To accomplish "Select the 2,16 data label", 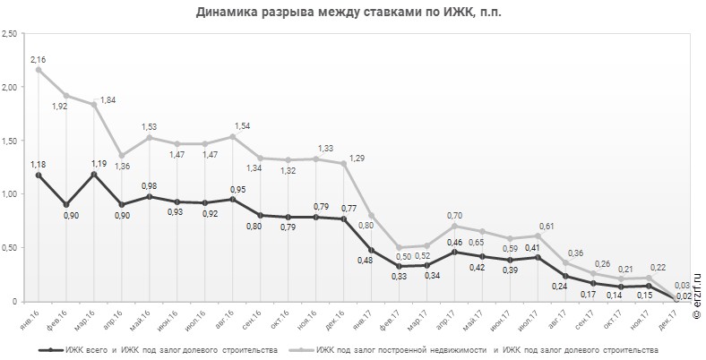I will pos(39,59).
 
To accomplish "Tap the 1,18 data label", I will pos(39,164).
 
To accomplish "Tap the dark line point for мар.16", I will pos(93,174).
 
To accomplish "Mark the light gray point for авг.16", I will pos(232,137).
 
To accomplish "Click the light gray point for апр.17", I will pos(454,226).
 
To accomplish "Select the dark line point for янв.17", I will pos(371,250).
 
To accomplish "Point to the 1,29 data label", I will pos(357,158).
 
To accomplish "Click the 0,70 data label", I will pos(454,215).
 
